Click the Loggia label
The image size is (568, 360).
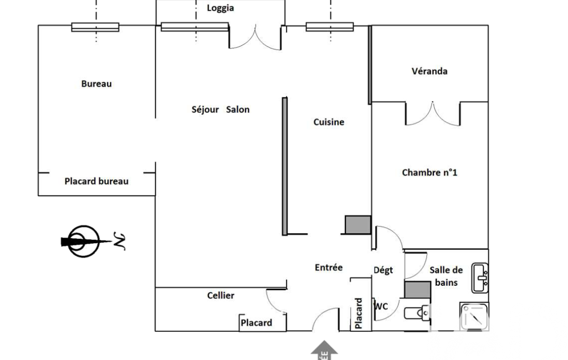tap(220, 8)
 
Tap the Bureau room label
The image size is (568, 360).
tap(96, 84)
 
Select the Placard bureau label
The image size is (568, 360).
tap(96, 181)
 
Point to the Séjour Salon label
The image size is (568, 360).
tap(220, 110)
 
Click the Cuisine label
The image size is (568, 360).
tap(329, 122)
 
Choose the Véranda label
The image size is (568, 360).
tap(429, 71)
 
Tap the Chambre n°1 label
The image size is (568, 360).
tap(429, 173)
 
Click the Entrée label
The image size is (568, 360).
tap(329, 268)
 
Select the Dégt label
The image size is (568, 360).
tap(383, 270)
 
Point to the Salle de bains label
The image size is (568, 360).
tap(446, 276)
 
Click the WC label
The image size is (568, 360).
tap(381, 306)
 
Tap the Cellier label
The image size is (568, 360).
tap(221, 296)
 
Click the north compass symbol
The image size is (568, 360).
tap(84, 241)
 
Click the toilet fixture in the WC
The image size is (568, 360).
tap(417, 314)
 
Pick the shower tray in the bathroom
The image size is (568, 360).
tap(474, 316)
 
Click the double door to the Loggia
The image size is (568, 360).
tap(256, 37)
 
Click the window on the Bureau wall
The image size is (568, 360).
tap(95, 27)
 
